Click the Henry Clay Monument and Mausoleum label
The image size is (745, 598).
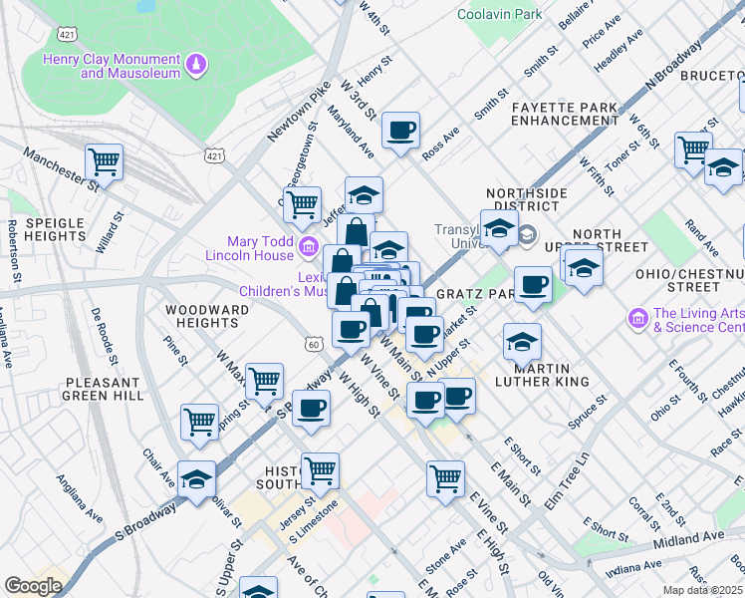click(112, 66)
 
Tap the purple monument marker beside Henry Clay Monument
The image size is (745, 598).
click(197, 66)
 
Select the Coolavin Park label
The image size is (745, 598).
click(500, 14)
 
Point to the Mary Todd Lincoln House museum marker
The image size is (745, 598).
click(308, 244)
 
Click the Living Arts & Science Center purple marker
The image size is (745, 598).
click(637, 319)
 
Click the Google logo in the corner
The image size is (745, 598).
click(32, 586)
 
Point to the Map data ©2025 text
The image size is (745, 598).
click(703, 590)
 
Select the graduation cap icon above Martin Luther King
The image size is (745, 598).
click(522, 342)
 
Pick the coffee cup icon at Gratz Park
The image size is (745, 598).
click(534, 284)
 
